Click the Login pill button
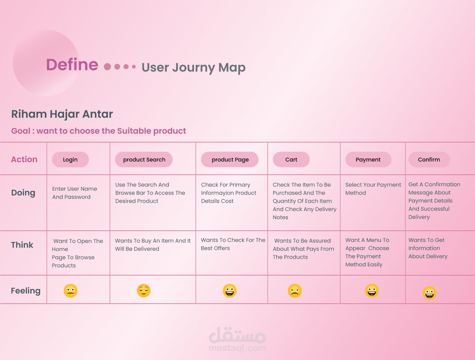click(x=70, y=159)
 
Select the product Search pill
click(x=144, y=159)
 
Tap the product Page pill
click(x=230, y=159)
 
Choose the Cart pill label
click(x=291, y=159)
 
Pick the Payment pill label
click(x=368, y=159)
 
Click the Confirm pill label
click(x=429, y=159)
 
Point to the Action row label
click(x=24, y=159)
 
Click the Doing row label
click(x=23, y=193)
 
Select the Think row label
click(x=22, y=245)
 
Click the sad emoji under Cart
click(x=295, y=291)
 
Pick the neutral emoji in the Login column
click(x=71, y=291)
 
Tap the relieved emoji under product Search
click(x=144, y=290)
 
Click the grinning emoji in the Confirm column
click(x=430, y=293)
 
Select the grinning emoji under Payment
click(x=372, y=291)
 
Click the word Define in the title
click(x=72, y=65)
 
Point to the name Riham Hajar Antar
click(x=62, y=114)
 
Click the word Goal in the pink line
click(x=21, y=131)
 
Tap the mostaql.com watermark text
click(x=237, y=348)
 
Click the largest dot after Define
click(x=107, y=67)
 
